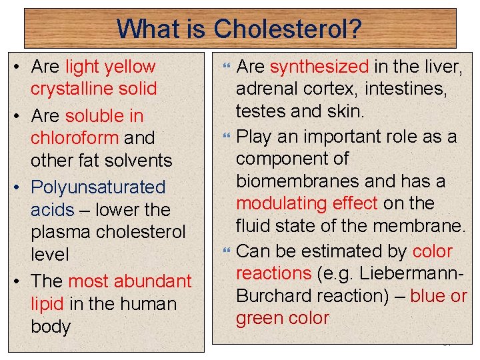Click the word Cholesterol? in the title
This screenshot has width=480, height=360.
tap(288, 29)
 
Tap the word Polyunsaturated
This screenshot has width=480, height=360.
tap(98, 187)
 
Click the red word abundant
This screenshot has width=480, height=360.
tap(153, 281)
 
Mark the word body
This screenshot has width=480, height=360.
tap(51, 327)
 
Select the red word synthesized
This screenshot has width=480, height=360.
tap(319, 67)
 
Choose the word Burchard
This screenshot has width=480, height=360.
tap(274, 296)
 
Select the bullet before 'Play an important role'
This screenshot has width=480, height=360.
tap(226, 137)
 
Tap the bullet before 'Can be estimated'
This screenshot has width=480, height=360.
tap(226, 252)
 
